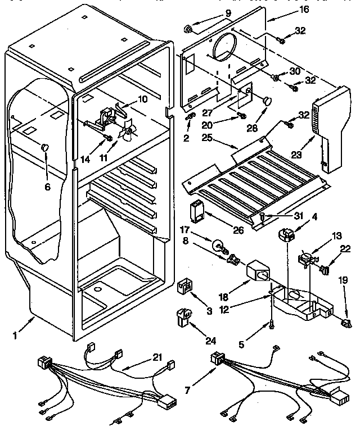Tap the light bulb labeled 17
[217, 244]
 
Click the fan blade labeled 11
[129, 133]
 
